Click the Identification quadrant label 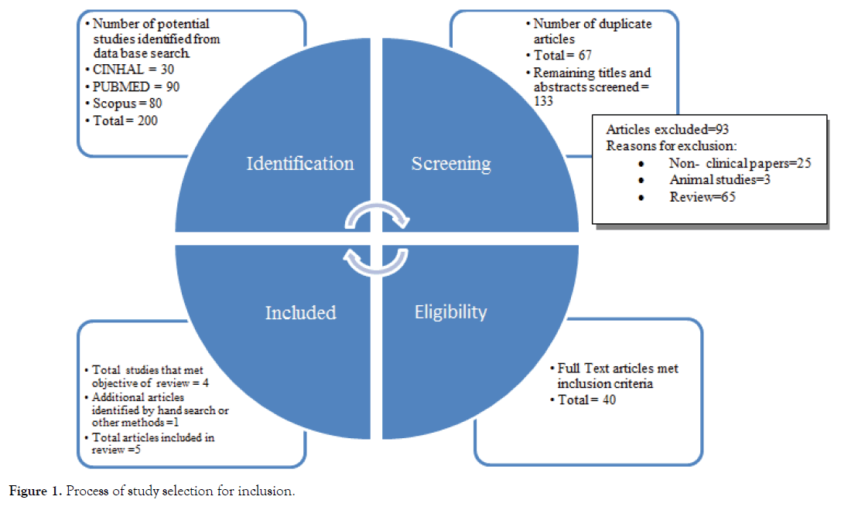(x=299, y=164)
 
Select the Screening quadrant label (x=451, y=164)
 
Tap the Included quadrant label (x=300, y=313)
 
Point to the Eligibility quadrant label (x=451, y=312)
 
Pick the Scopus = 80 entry (x=127, y=103)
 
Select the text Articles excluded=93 (x=667, y=129)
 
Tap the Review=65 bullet (x=702, y=197)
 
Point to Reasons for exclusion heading (x=671, y=146)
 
